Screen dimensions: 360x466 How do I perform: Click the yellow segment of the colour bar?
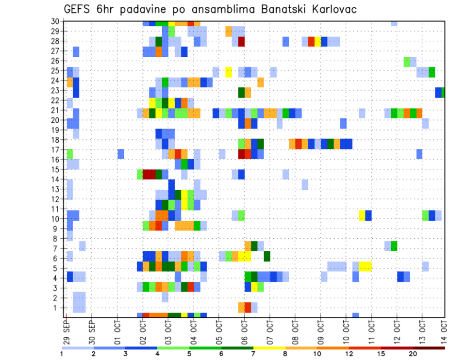(x=269, y=348)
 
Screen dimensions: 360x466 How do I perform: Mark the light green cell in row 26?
(x=407, y=61)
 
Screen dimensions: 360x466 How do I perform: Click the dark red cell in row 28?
(x=241, y=42)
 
